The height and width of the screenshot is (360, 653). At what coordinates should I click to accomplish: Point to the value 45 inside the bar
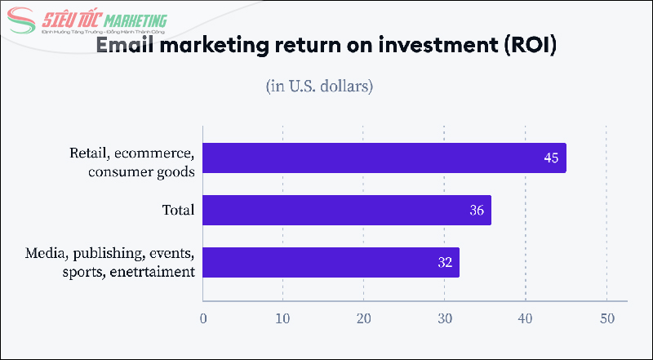pos(551,158)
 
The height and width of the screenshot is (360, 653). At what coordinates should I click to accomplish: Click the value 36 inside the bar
pos(477,211)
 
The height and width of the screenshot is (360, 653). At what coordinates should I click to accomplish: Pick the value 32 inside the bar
pos(445,263)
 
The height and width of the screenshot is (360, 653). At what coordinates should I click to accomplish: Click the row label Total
pos(178,211)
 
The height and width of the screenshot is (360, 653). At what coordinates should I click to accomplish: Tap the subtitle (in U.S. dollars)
pos(319,86)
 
